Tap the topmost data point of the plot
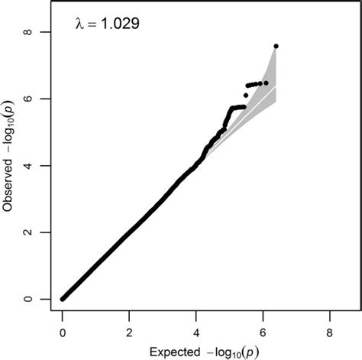276,47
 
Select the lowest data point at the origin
63,298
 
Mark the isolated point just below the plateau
245,96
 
